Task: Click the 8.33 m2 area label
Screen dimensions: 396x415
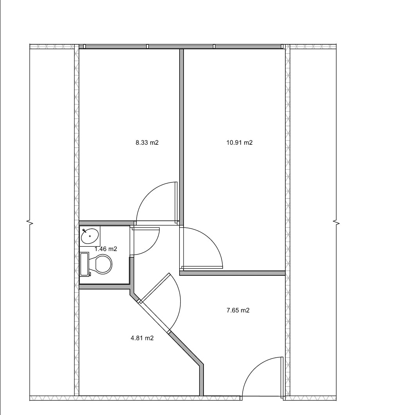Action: click(147, 143)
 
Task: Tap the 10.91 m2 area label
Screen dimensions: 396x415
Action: click(239, 143)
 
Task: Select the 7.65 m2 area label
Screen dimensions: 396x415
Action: click(238, 310)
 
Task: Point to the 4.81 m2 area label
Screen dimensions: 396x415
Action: click(142, 338)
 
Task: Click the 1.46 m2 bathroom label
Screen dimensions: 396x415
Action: click(106, 249)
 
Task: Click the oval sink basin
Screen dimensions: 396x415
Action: click(90, 236)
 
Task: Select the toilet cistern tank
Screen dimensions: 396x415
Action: click(85, 264)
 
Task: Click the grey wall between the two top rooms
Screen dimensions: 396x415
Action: click(181, 135)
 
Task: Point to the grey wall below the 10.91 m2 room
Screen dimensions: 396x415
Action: click(232, 273)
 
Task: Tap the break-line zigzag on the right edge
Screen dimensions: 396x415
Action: click(337, 223)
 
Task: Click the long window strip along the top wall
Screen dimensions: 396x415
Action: click(182, 47)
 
